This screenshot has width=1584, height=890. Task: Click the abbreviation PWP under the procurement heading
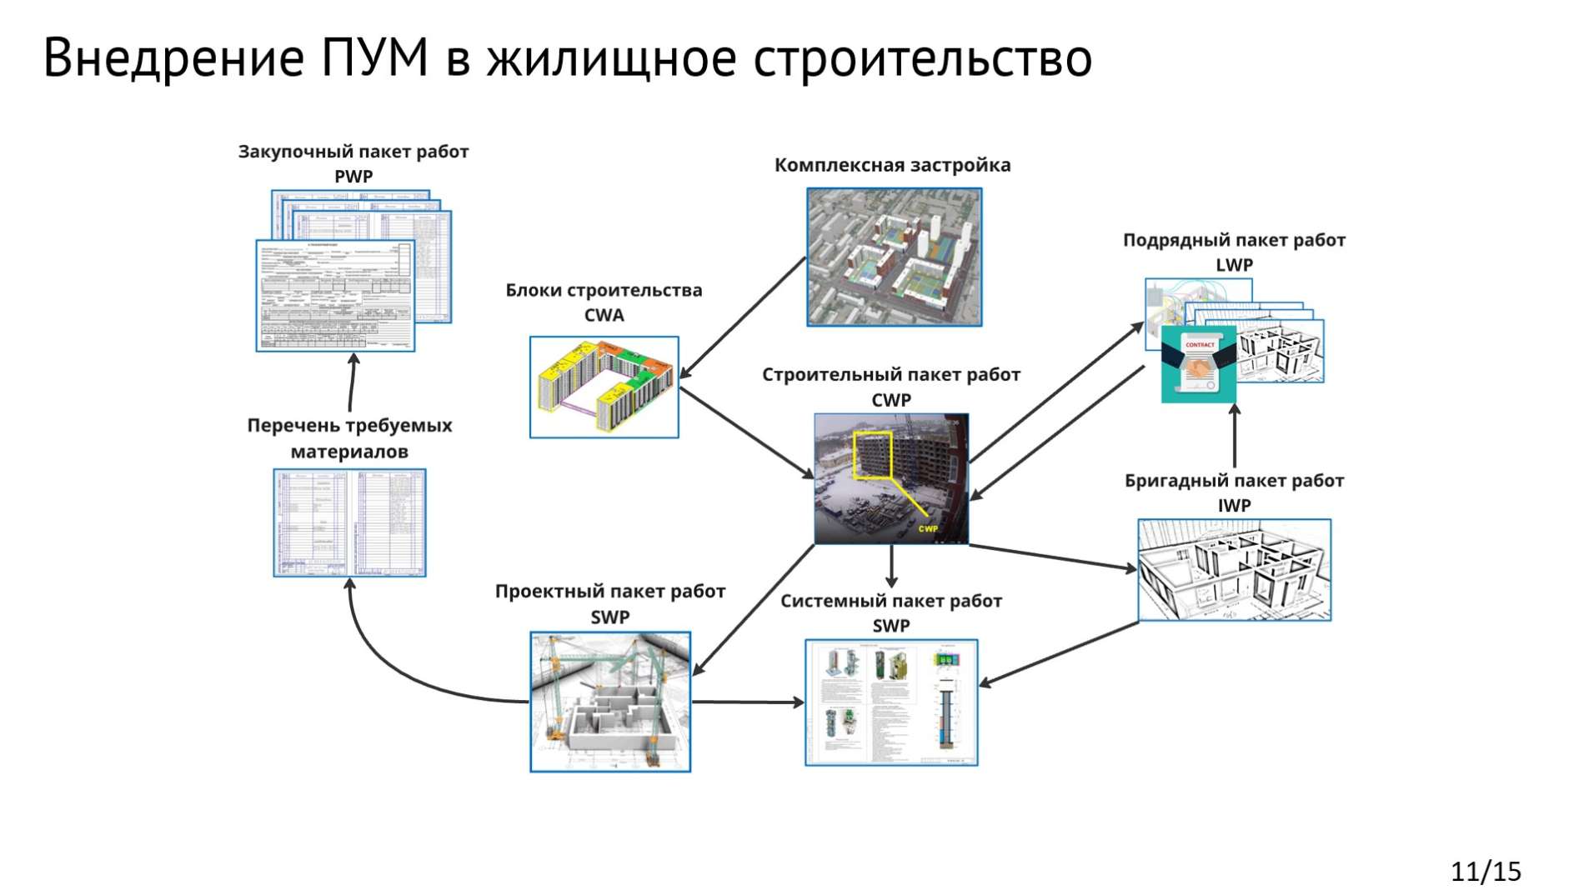[x=353, y=177]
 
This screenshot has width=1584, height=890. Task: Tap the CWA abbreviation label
[x=604, y=315]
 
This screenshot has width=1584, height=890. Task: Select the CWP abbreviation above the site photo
[x=890, y=400]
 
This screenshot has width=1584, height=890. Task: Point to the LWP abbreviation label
[x=1234, y=265]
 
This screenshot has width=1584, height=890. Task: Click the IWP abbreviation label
[x=1234, y=506]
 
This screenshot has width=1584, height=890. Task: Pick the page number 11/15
[x=1486, y=872]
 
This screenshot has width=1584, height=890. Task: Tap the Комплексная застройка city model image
[x=894, y=257]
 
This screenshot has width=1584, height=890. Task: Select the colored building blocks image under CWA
[x=604, y=387]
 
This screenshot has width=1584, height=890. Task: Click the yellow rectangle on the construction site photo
[x=873, y=455]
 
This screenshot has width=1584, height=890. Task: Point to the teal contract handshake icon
[x=1199, y=364]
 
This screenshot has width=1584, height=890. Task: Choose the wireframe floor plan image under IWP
[x=1234, y=570]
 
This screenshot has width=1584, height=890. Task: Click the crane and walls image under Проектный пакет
[x=610, y=702]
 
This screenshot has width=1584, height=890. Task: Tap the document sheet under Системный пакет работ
[x=890, y=702]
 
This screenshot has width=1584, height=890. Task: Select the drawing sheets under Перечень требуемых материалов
[x=349, y=522]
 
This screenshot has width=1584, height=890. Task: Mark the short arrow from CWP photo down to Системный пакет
[x=891, y=567]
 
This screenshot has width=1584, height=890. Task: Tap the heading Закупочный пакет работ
[x=353, y=152]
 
